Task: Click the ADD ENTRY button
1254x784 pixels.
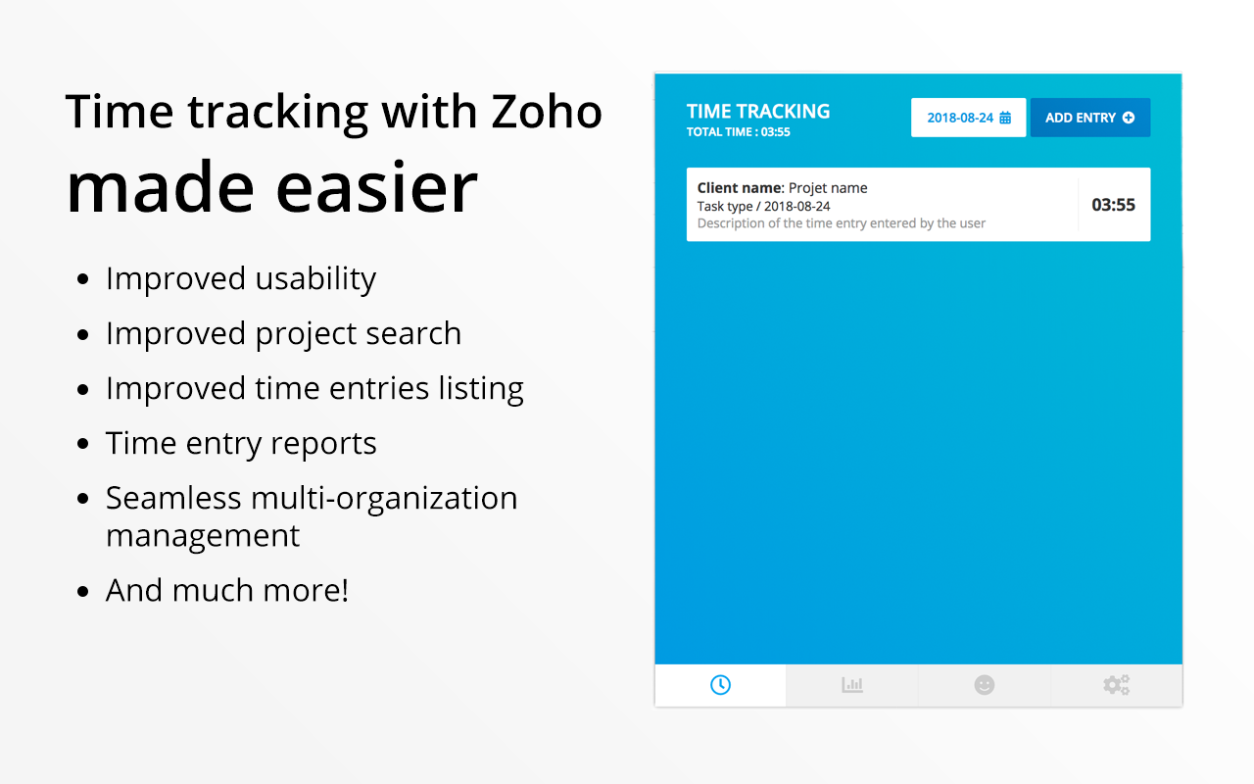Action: click(x=1089, y=118)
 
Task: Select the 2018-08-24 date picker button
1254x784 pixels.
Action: click(x=968, y=118)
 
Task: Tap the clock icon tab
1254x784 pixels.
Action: click(x=720, y=685)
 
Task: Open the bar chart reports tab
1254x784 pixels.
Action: click(x=852, y=685)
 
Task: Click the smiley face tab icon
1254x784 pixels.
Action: click(x=985, y=685)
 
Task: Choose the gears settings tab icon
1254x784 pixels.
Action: click(x=1116, y=685)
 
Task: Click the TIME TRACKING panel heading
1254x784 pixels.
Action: click(x=758, y=111)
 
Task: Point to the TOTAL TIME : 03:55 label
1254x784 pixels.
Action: click(x=739, y=132)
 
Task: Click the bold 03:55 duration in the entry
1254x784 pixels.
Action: click(x=1113, y=205)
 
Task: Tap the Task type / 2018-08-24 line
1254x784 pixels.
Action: click(x=763, y=206)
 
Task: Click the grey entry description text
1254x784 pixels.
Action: click(x=841, y=223)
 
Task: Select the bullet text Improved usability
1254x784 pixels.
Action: click(x=241, y=278)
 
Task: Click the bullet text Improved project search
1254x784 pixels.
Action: click(x=283, y=333)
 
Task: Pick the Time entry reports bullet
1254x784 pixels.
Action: click(x=241, y=443)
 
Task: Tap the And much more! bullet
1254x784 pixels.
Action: click(x=227, y=590)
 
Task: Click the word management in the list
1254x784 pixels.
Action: click(x=203, y=536)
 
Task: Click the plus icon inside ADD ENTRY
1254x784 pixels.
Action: click(x=1129, y=118)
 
